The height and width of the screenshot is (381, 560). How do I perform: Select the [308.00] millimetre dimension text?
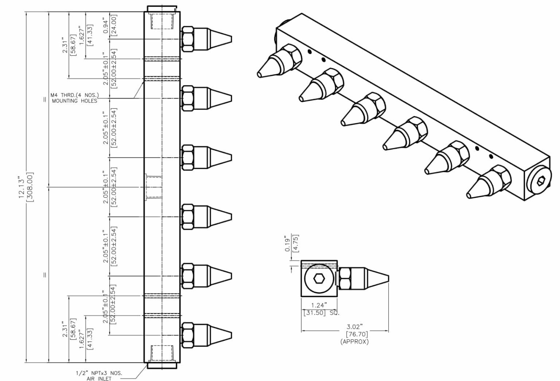[x=30, y=187]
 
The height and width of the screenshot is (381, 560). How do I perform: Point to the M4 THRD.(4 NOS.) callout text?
[x=75, y=95]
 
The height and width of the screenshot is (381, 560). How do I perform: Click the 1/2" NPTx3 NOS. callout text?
[x=99, y=373]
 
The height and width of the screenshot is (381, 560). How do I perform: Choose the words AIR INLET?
[x=99, y=378]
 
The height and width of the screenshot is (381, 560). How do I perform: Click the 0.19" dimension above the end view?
[x=288, y=243]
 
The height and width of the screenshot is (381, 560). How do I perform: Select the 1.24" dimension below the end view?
[x=319, y=305]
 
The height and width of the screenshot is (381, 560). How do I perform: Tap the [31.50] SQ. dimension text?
[x=321, y=313]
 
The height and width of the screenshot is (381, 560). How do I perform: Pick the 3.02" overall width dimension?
[x=354, y=326]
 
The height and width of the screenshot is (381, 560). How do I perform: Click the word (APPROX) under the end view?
[x=354, y=342]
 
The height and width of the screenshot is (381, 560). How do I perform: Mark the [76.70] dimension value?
[x=357, y=334]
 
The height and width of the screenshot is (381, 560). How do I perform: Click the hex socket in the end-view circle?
[x=319, y=278]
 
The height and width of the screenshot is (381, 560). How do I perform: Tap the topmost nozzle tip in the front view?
[x=232, y=39]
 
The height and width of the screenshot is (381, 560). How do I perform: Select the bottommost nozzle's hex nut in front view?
[x=187, y=335]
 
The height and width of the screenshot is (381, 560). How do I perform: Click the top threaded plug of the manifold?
[x=162, y=9]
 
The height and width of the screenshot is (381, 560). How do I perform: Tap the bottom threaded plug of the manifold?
[x=162, y=365]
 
